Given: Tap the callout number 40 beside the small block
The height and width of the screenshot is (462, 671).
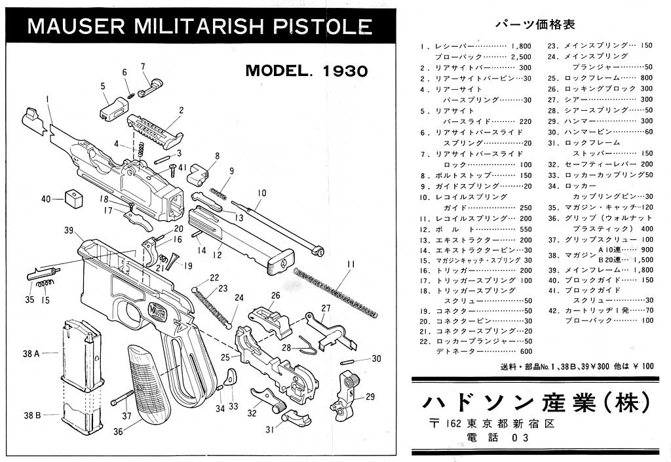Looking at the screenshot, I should coord(46,199).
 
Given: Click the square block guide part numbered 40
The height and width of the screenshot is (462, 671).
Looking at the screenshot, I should coord(74,197).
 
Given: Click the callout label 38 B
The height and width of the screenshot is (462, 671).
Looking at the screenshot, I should coord(32,415).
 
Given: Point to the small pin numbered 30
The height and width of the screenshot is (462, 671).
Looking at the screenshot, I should coord(358,359).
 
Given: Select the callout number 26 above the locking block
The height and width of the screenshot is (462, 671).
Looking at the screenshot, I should coord(275,296).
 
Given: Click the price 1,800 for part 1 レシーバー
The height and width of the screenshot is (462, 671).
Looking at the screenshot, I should coord(520,47).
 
